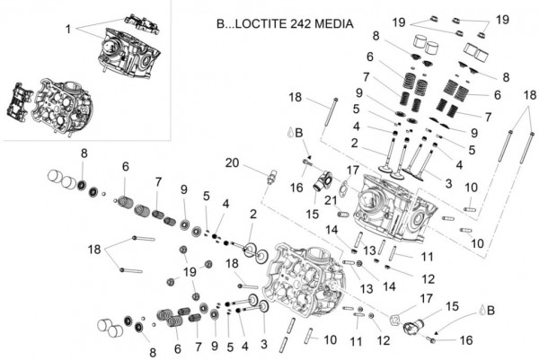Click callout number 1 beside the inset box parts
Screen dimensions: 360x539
pos(67,29)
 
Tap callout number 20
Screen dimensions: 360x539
pos(233,162)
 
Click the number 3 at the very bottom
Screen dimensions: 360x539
pos(264,344)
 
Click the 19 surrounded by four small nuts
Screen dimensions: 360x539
pos(190,272)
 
